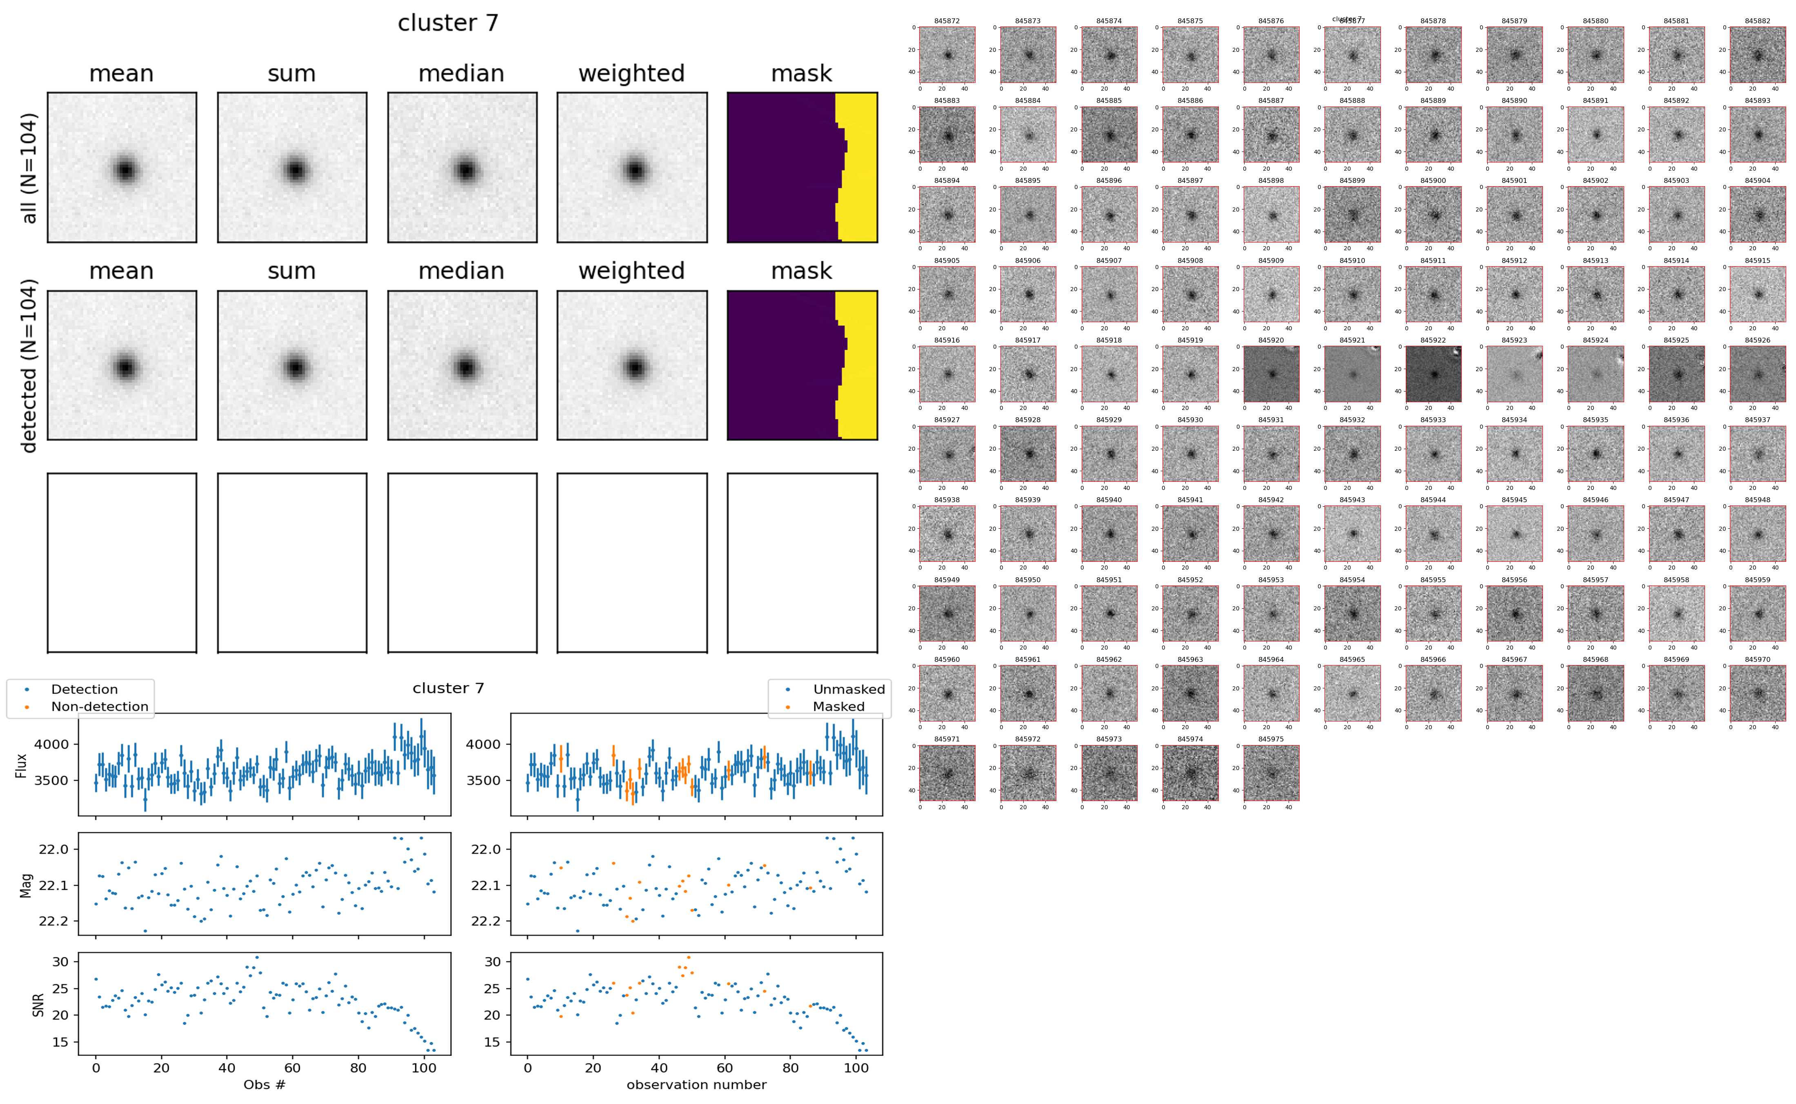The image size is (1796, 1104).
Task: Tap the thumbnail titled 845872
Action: point(947,55)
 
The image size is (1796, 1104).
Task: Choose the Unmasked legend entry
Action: point(849,689)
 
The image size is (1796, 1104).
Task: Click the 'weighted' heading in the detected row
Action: point(631,271)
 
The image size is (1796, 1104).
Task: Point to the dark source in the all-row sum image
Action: point(295,170)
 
